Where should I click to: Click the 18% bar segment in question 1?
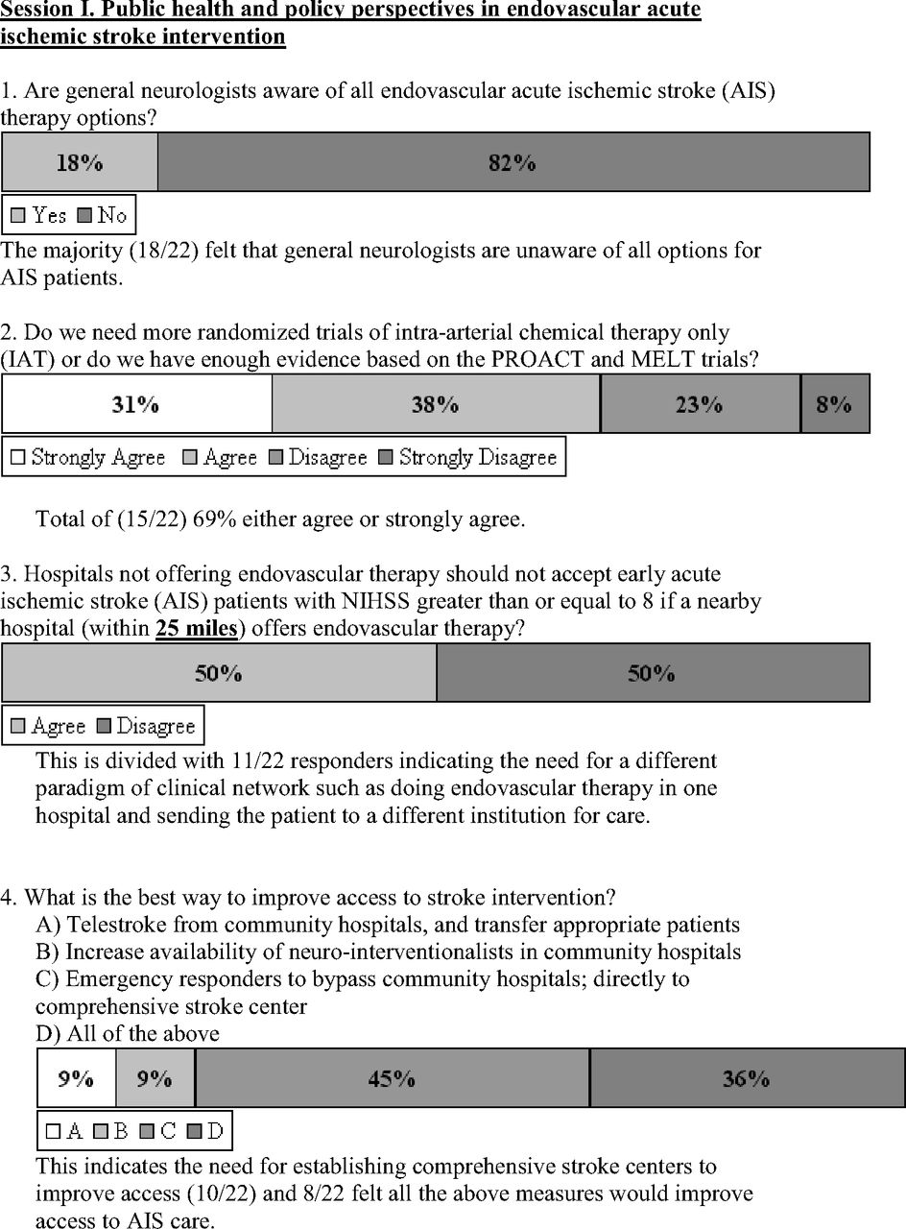click(80, 162)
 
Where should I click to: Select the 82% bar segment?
click(513, 162)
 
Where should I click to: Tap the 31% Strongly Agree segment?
click(136, 404)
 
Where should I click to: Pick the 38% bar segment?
click(436, 404)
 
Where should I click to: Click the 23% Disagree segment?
click(700, 404)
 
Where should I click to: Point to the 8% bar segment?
click(834, 404)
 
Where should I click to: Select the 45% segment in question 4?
click(392, 1078)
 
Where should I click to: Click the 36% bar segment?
click(746, 1078)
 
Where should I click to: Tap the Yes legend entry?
click(38, 215)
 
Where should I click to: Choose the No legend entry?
click(103, 215)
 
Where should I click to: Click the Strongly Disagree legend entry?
click(468, 457)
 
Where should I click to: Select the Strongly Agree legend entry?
click(88, 457)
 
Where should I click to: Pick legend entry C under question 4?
click(158, 1131)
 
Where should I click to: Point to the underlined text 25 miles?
click(197, 628)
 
